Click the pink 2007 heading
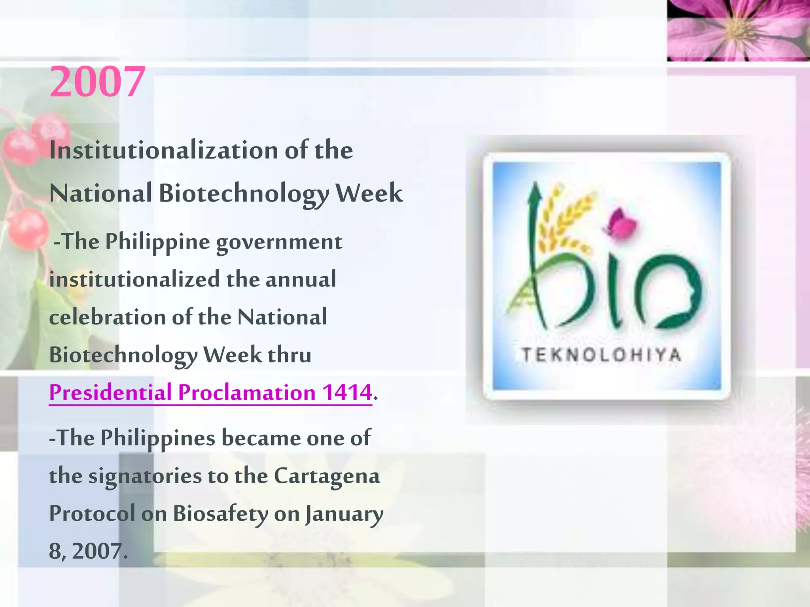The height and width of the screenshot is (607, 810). point(97,82)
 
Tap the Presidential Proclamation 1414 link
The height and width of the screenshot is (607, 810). point(210,392)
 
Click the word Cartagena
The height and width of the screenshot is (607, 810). point(327,475)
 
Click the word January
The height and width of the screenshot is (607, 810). point(344,514)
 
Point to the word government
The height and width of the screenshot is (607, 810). point(279,242)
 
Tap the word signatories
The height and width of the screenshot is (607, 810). point(145,476)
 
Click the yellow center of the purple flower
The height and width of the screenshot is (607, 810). point(736,30)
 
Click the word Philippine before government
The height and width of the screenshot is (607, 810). point(157,242)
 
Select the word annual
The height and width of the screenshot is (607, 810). point(301,279)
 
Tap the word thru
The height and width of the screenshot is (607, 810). point(290,354)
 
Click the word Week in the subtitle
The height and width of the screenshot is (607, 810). point(369,193)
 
